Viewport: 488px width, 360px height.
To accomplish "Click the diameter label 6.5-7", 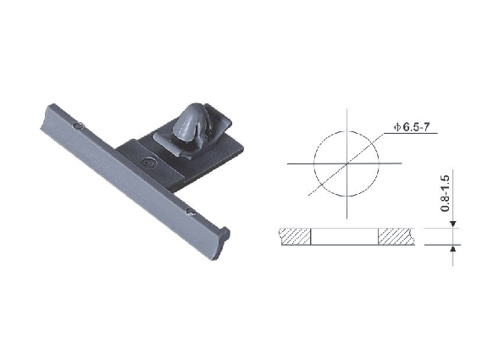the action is click(416, 127).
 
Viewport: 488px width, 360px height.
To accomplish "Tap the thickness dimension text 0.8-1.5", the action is click(446, 193).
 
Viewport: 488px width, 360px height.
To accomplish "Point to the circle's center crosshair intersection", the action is click(347, 163).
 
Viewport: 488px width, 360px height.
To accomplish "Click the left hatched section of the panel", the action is click(296, 236).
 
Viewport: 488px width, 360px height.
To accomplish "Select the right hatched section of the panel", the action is click(396, 236).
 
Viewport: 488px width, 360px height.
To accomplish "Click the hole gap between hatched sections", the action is click(345, 236).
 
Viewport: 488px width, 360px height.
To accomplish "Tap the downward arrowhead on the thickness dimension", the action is click(453, 224).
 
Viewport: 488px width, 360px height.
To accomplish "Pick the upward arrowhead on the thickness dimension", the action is click(453, 248).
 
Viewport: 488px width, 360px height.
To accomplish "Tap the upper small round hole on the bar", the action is click(78, 126).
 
